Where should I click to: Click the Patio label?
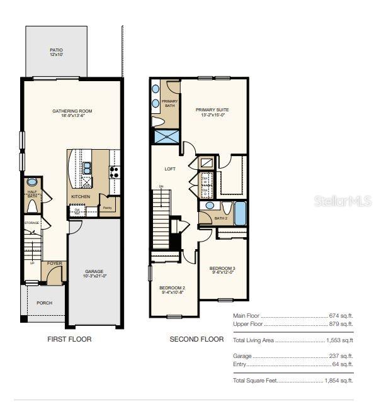57,52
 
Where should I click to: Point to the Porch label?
44,303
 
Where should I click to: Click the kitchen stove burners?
115,170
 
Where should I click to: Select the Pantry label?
108,207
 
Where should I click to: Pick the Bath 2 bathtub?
240,213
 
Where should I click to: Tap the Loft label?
170,169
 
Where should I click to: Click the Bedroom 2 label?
173,289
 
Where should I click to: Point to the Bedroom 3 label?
222,270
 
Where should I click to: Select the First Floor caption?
69,340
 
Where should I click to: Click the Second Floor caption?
196,340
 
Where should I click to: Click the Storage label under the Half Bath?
32,223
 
